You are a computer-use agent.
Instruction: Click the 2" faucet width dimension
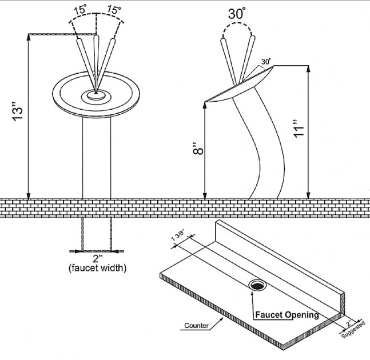(97, 258)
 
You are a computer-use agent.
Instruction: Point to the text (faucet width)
(97, 268)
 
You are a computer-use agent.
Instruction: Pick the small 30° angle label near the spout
(265, 61)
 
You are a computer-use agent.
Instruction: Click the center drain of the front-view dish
(96, 96)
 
